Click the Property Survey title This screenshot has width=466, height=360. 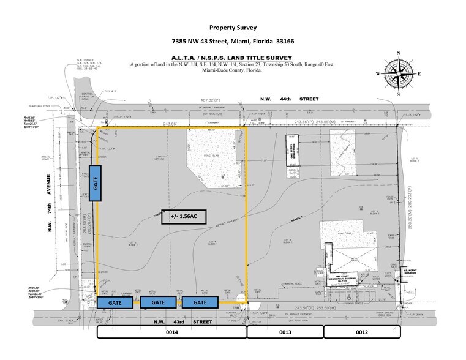[x=233, y=28]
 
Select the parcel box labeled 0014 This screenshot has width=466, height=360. [x=172, y=332]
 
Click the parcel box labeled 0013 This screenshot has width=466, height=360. [x=285, y=332]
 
